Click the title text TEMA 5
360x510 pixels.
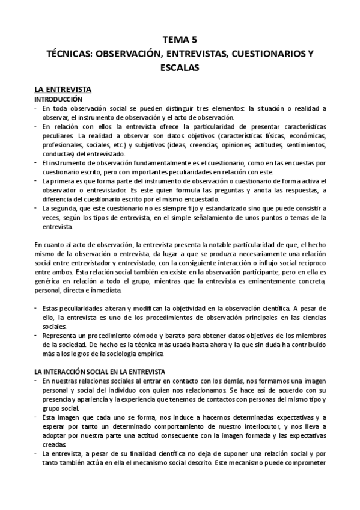pos(180,41)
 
